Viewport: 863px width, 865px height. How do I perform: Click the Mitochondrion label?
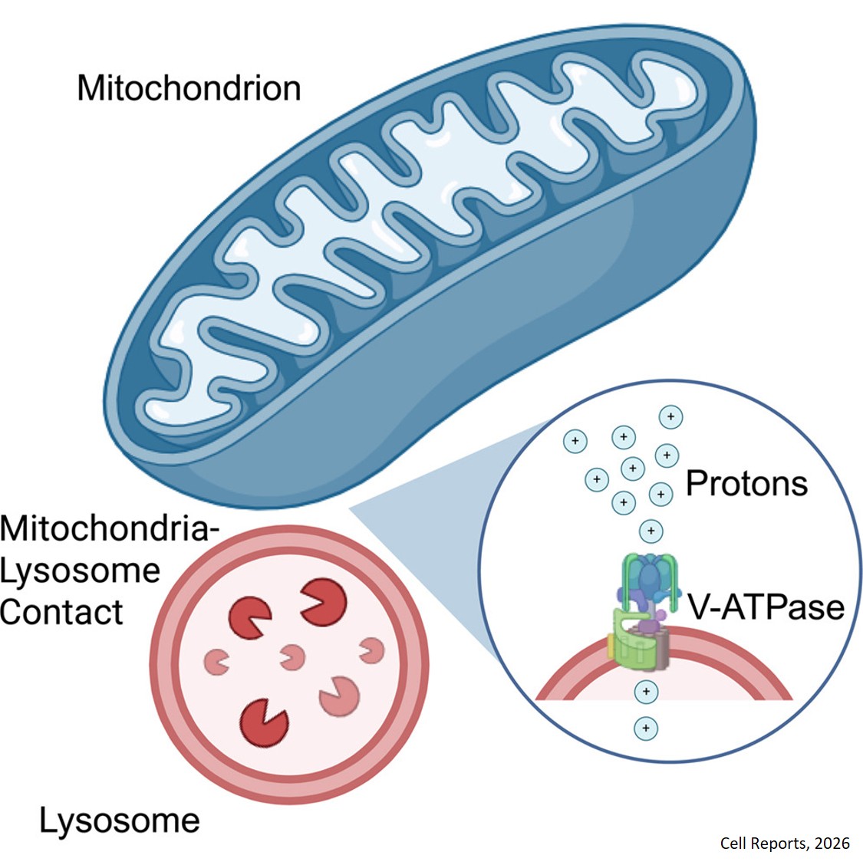click(189, 88)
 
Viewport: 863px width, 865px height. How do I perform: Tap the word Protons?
click(746, 483)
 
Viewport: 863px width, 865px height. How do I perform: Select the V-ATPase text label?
click(765, 607)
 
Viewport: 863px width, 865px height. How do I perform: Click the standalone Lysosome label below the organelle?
click(120, 821)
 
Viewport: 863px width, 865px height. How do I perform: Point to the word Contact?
click(61, 612)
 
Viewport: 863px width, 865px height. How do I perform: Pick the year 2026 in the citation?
click(832, 844)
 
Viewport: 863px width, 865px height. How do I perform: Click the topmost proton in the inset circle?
click(670, 417)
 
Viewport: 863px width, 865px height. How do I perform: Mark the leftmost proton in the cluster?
click(575, 442)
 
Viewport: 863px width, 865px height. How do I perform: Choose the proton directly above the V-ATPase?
click(651, 531)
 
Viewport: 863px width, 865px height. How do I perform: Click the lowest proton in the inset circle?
click(646, 727)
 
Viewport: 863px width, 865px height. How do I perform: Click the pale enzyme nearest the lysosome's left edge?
click(219, 659)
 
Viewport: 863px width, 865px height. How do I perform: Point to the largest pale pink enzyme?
click(339, 696)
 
